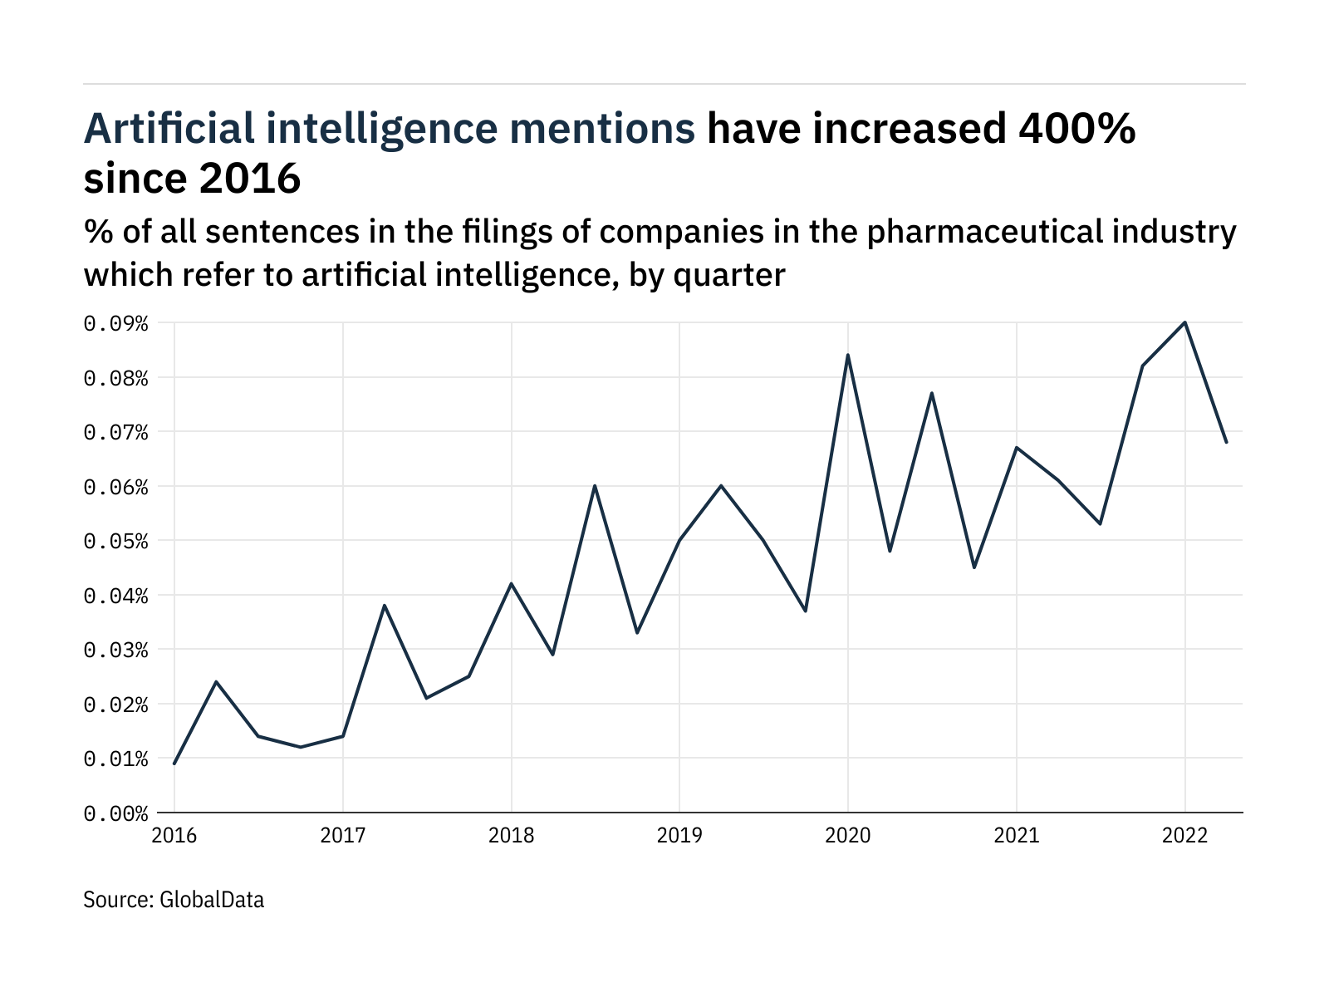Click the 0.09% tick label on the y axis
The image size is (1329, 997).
[115, 323]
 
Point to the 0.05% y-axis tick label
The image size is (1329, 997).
[115, 541]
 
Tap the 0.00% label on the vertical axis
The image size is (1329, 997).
[115, 813]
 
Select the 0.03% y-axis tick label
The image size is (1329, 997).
[115, 650]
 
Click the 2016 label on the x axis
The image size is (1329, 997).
[174, 835]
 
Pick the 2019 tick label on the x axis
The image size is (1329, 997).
[679, 835]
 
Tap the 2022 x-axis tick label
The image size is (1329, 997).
[1184, 835]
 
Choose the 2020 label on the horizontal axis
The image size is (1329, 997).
[848, 835]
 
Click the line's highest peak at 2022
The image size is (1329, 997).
[1184, 322]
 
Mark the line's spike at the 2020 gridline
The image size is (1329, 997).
[848, 355]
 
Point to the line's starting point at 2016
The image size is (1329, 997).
[174, 764]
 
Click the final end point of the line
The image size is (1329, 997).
[1227, 442]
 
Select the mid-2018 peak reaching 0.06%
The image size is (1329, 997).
[595, 485]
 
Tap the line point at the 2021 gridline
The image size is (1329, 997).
[1017, 448]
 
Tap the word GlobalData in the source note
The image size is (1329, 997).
[212, 900]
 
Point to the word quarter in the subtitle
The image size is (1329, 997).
[729, 275]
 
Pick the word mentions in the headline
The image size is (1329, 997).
[604, 129]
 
